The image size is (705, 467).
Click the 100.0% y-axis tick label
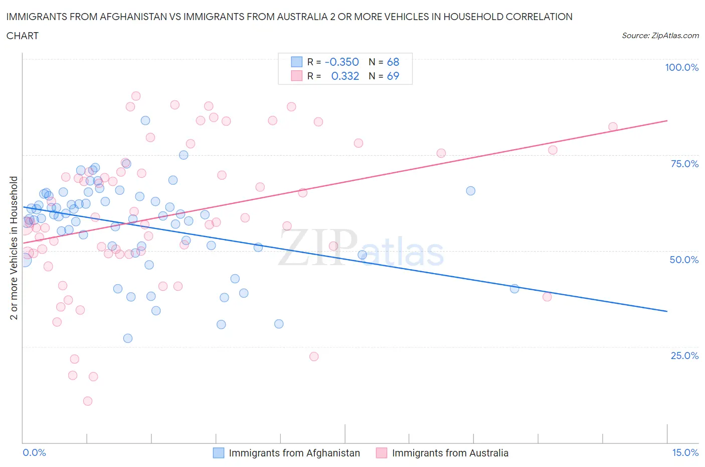(681, 67)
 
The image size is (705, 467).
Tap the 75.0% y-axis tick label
(684, 164)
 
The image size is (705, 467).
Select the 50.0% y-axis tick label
(684, 260)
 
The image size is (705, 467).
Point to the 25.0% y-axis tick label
(684, 356)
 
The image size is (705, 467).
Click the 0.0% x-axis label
(34, 452)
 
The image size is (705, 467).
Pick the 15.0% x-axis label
(685, 452)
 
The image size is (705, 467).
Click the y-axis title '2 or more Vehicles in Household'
(14, 248)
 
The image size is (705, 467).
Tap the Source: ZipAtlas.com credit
(660, 36)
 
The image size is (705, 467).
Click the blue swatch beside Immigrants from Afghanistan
(219, 453)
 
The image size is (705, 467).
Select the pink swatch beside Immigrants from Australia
(382, 453)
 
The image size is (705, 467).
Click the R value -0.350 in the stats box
(342, 62)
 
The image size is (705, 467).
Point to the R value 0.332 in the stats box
(345, 76)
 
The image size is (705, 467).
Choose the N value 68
(393, 62)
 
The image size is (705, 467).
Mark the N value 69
(393, 76)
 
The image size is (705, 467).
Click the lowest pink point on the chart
(88, 401)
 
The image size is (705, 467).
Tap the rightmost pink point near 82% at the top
(613, 127)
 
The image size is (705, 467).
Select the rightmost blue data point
(514, 288)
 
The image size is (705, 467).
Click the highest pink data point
(136, 96)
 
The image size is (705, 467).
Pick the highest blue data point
(145, 120)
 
